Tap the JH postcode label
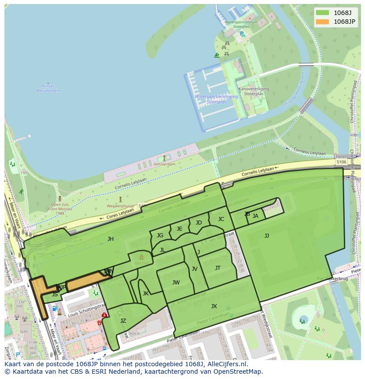(x=110, y=239)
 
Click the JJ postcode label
(x=267, y=236)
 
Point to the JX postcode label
(x=214, y=306)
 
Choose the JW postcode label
(x=176, y=283)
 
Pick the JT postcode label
(x=218, y=268)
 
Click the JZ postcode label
(x=123, y=321)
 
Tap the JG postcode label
(x=160, y=235)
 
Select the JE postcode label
(x=179, y=229)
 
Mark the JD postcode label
(x=199, y=223)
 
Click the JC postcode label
(x=221, y=219)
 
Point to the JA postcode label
(x=255, y=216)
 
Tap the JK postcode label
(x=145, y=294)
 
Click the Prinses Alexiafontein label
(x=48, y=88)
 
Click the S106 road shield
(x=341, y=162)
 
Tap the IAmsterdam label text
(x=164, y=164)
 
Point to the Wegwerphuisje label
(x=120, y=206)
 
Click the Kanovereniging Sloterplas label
(x=253, y=91)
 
